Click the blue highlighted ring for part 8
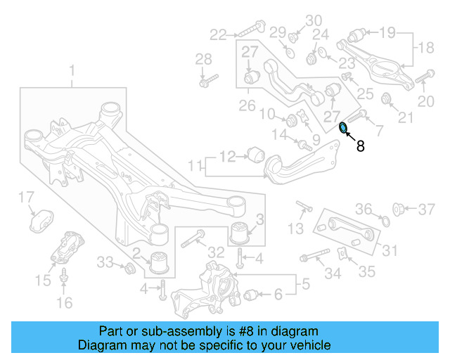click(343, 128)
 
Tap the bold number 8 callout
click(361, 147)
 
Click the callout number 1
click(72, 70)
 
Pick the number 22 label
click(218, 34)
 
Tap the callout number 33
click(104, 262)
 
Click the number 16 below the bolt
click(64, 303)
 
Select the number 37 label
click(427, 209)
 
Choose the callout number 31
click(389, 250)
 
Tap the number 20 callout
click(426, 102)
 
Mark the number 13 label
click(296, 228)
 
